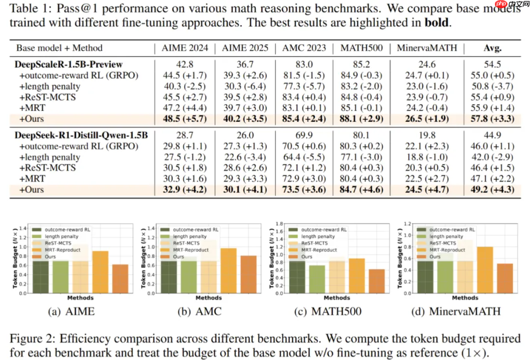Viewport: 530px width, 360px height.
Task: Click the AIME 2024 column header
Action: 185,48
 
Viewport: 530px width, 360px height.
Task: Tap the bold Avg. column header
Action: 492,48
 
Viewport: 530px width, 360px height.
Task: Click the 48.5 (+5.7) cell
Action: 185,118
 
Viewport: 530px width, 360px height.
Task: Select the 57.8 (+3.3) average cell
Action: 492,118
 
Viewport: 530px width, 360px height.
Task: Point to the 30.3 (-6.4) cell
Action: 246,86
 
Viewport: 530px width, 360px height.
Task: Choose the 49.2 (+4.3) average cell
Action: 492,189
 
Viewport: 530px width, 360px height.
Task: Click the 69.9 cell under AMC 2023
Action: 304,136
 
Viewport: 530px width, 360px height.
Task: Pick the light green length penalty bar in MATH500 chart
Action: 317,279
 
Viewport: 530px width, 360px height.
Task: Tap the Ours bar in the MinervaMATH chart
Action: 505,278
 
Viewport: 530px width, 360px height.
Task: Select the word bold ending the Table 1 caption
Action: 436,23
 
